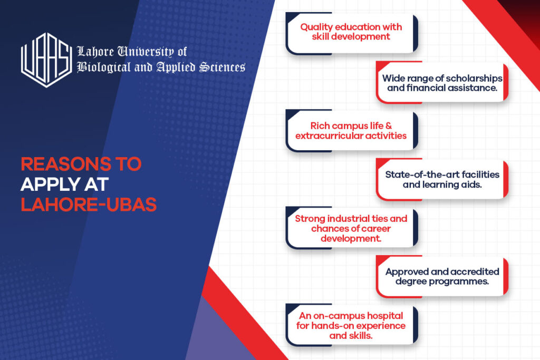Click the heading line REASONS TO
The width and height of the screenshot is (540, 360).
81,164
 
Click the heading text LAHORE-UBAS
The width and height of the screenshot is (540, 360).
89,205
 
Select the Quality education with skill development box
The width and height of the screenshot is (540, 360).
351,33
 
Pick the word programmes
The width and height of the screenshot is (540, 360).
460,282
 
